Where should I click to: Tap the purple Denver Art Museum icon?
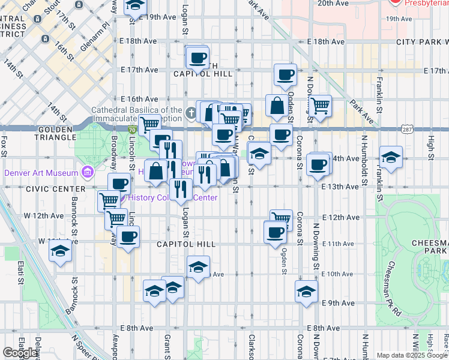[x=88, y=173]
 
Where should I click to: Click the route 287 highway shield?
[x=408, y=129]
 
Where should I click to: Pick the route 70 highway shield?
[x=131, y=129]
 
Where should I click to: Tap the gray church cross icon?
[x=190, y=112]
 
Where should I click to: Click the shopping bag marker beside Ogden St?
[x=277, y=106]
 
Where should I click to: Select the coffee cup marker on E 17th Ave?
[x=285, y=75]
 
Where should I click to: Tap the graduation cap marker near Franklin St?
[x=391, y=158]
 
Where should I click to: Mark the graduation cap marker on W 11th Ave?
[x=60, y=251]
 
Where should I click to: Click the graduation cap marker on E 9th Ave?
[x=306, y=292]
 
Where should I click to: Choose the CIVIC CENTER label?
[x=49, y=188]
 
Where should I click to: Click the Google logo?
[x=20, y=352]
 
